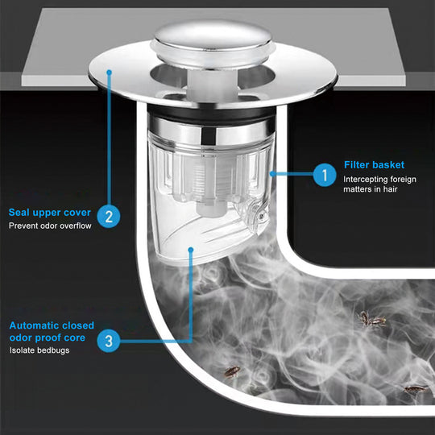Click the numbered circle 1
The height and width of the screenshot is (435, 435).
click(325, 175)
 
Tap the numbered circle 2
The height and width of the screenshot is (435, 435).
click(109, 217)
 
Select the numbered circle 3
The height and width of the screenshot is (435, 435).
click(109, 341)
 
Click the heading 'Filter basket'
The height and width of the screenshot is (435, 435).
click(375, 165)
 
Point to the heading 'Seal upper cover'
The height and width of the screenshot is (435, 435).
click(50, 213)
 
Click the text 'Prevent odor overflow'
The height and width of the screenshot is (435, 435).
click(50, 226)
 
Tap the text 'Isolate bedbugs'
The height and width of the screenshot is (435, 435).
click(39, 350)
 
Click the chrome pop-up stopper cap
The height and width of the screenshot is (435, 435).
click(213, 42)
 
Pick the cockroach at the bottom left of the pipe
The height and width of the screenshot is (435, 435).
click(232, 371)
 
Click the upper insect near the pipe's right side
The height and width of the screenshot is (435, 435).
click(371, 319)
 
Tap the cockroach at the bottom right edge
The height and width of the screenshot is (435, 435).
click(416, 389)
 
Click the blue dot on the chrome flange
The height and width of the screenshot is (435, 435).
click(109, 72)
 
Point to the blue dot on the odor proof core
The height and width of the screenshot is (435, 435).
click(191, 250)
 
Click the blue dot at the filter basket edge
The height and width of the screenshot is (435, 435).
click(273, 174)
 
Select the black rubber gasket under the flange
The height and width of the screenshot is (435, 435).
click(211, 114)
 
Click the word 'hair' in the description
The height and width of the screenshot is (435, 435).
click(391, 189)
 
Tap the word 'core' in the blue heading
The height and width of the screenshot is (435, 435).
click(75, 338)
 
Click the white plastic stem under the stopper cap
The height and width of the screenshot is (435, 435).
click(213, 83)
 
